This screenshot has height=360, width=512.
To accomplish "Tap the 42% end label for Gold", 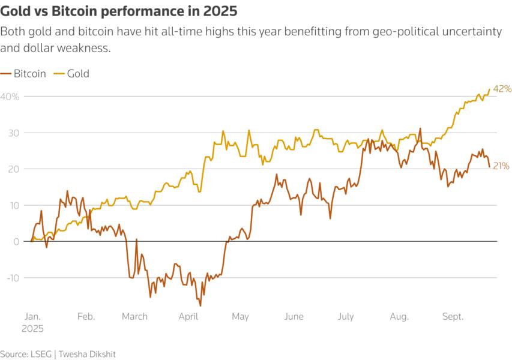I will (x=502, y=89).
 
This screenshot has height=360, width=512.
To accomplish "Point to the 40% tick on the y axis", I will (x=10, y=97).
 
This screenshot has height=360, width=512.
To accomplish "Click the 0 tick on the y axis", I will (x=16, y=241).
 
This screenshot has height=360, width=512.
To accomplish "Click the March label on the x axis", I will (x=134, y=317).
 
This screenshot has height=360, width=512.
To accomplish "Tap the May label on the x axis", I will (x=240, y=317).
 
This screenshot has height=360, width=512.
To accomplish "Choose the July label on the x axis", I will (x=346, y=317).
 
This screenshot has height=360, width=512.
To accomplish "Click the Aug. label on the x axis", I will (x=399, y=317).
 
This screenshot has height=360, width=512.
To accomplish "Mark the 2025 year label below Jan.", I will (x=34, y=329).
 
